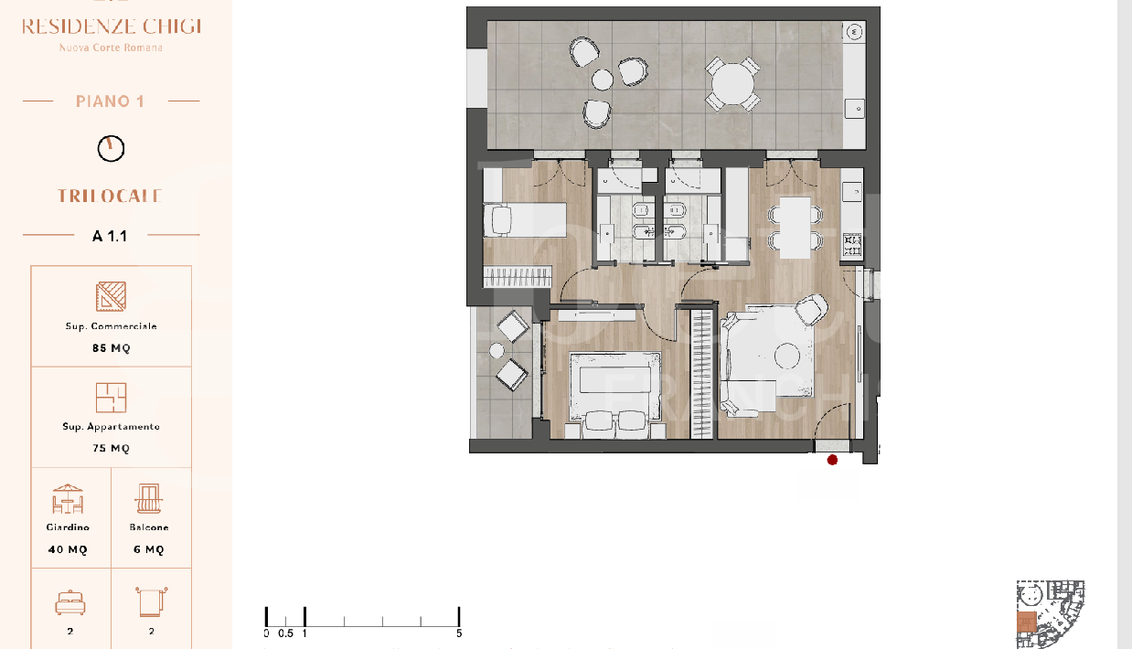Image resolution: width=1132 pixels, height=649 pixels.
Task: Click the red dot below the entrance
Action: (832, 460)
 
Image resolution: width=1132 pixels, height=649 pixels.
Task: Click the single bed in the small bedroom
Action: (524, 220)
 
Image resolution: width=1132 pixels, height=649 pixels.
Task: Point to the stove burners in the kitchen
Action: (852, 244)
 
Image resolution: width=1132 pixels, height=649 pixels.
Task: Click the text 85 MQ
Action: (111, 348)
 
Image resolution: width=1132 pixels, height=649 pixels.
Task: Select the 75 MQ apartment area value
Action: (111, 449)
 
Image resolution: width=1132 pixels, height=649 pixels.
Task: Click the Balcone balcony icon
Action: (150, 499)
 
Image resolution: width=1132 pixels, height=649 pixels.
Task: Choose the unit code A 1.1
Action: (110, 236)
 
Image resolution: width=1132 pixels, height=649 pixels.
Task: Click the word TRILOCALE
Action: (110, 196)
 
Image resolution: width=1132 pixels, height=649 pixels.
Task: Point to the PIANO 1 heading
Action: (110, 101)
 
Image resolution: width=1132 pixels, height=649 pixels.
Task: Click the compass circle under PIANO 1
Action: (111, 148)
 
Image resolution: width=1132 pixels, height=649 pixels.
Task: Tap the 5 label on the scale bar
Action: (459, 633)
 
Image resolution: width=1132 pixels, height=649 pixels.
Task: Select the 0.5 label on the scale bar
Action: (285, 633)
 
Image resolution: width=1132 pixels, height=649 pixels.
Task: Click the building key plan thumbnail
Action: (1050, 613)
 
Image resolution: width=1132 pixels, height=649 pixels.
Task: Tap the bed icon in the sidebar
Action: (69, 602)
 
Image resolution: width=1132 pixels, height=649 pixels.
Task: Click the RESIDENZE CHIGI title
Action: (111, 26)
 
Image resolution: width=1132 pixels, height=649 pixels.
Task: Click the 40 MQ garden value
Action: (69, 549)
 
